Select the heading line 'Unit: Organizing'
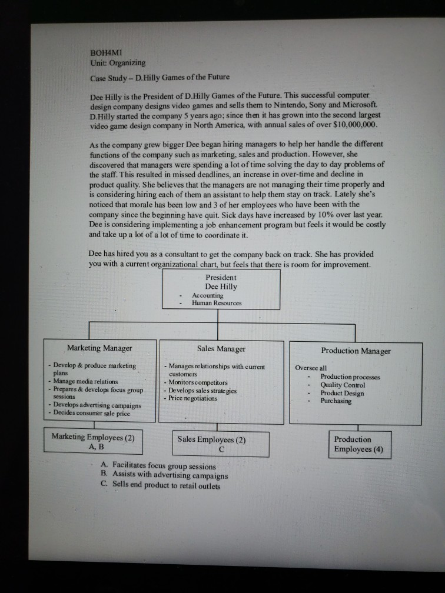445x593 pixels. click(117, 62)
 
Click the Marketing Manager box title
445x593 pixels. click(99, 348)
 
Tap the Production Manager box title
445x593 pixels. click(356, 351)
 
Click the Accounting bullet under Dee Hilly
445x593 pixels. click(208, 295)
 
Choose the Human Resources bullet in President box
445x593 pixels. click(217, 303)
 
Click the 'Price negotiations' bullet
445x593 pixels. click(193, 398)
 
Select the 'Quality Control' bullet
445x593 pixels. click(342, 385)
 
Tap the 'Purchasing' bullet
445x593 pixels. click(336, 401)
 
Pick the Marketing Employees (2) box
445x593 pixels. click(93, 441)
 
